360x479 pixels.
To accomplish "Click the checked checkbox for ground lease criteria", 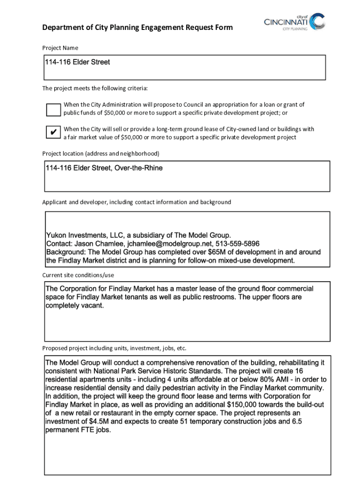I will click(53, 132).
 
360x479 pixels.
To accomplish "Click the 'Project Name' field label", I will click(60, 48).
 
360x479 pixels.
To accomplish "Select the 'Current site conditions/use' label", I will click(78, 275).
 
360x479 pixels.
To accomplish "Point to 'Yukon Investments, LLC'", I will click(83, 235).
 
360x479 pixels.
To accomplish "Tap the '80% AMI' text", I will click(251, 379).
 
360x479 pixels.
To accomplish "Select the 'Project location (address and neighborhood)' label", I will click(101, 153).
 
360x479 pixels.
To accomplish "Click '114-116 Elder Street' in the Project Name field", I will click(77, 62).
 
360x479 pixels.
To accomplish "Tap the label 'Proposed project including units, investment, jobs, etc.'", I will click(114, 348).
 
